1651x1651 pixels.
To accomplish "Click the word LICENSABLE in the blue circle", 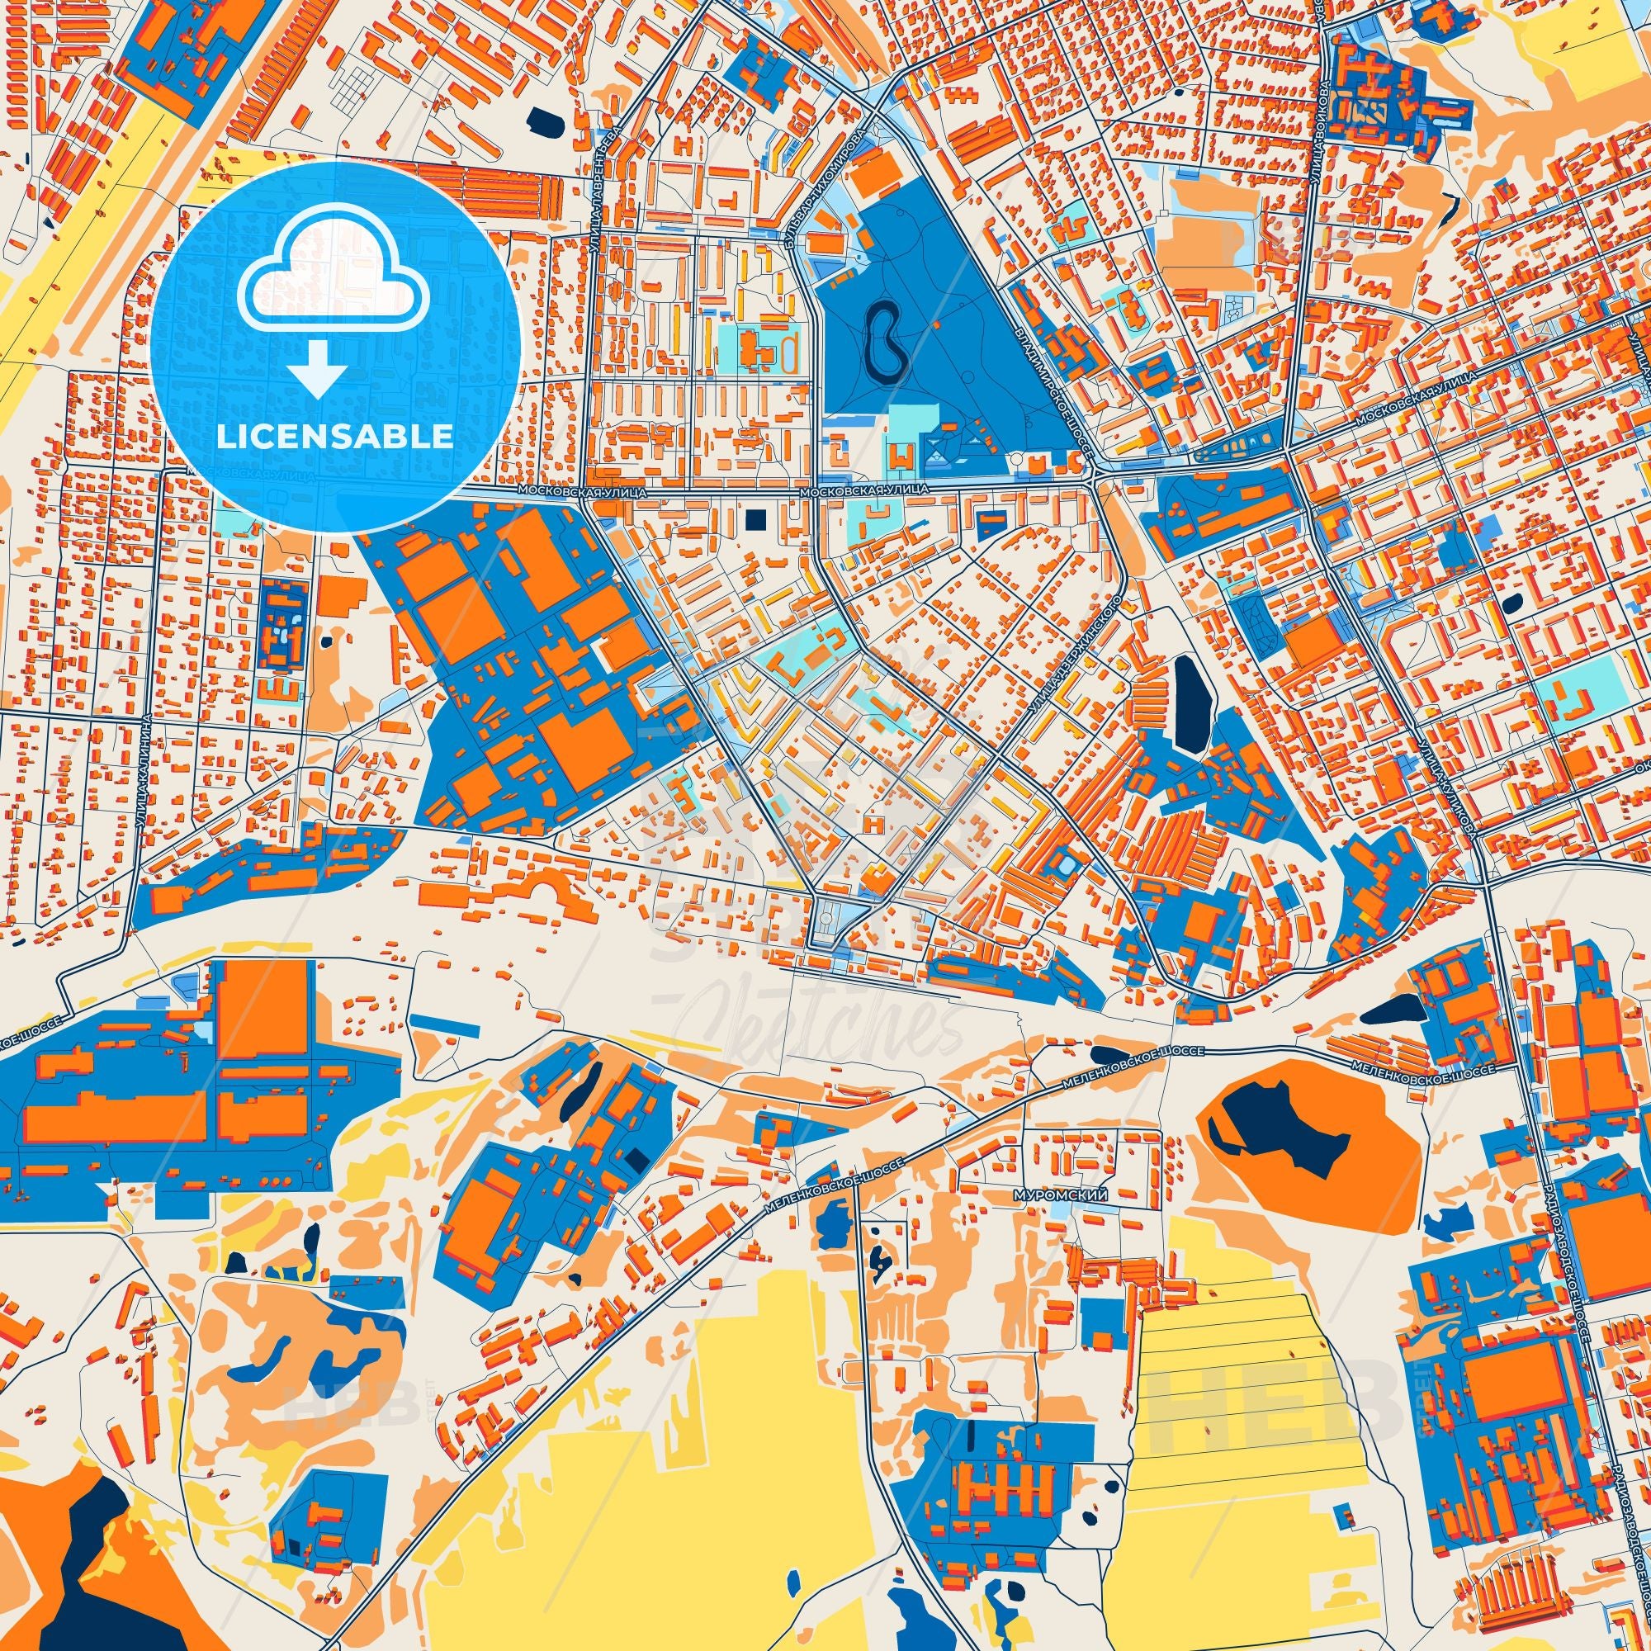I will coord(335,437).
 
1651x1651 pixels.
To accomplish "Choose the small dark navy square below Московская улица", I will coord(756,518).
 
